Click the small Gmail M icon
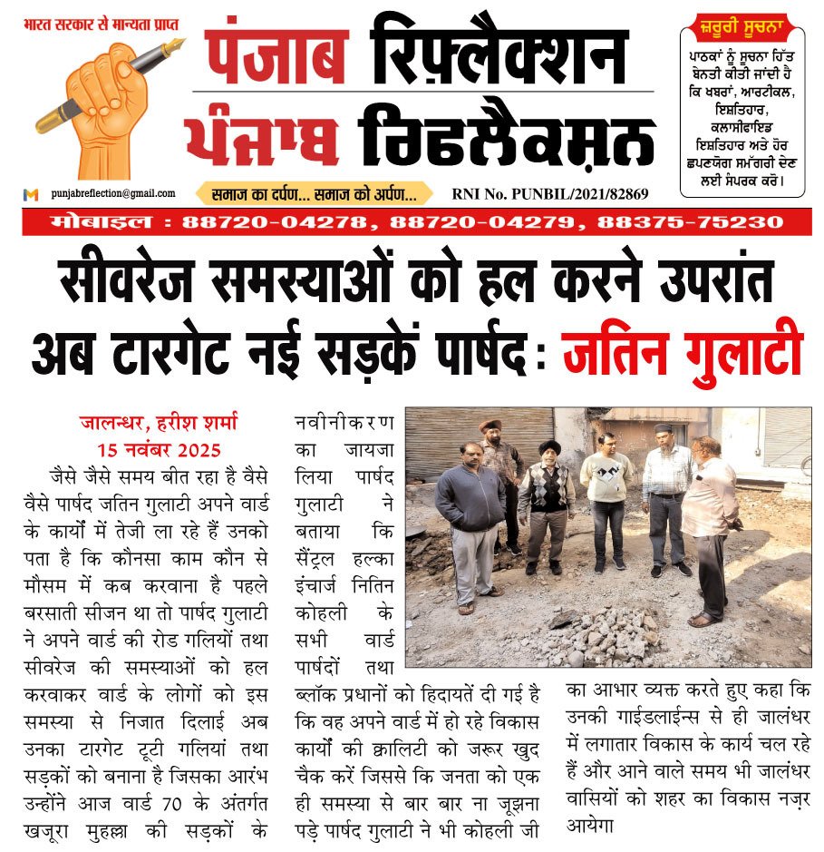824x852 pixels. coord(32,194)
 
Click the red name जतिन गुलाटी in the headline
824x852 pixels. coord(682,352)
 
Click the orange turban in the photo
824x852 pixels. coord(490,425)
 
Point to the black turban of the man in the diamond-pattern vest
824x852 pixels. coord(550,446)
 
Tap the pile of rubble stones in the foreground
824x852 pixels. coord(616,626)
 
